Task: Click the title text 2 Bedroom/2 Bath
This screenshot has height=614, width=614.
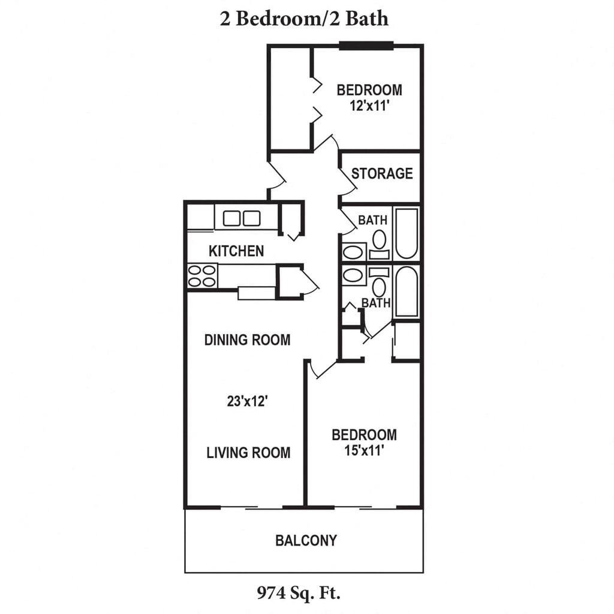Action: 304,19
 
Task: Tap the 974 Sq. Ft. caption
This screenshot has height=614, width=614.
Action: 299,593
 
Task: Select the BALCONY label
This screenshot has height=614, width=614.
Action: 306,540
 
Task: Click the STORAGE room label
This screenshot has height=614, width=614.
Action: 382,173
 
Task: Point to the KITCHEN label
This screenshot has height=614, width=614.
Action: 236,251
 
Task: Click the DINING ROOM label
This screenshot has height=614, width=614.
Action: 248,340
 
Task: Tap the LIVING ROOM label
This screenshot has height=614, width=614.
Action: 248,453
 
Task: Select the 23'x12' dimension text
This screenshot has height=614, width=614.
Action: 247,401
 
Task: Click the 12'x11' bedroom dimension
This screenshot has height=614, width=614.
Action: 369,106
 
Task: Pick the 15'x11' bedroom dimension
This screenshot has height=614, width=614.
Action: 364,451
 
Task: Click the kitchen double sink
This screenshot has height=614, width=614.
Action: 242,218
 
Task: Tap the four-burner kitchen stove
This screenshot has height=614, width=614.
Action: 202,276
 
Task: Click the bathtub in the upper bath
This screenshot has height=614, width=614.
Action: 407,234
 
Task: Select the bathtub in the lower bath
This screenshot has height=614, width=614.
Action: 407,292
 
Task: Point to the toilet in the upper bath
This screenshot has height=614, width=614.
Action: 379,244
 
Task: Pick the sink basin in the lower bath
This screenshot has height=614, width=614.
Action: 353,275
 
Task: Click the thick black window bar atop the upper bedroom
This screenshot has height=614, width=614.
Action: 366,46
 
